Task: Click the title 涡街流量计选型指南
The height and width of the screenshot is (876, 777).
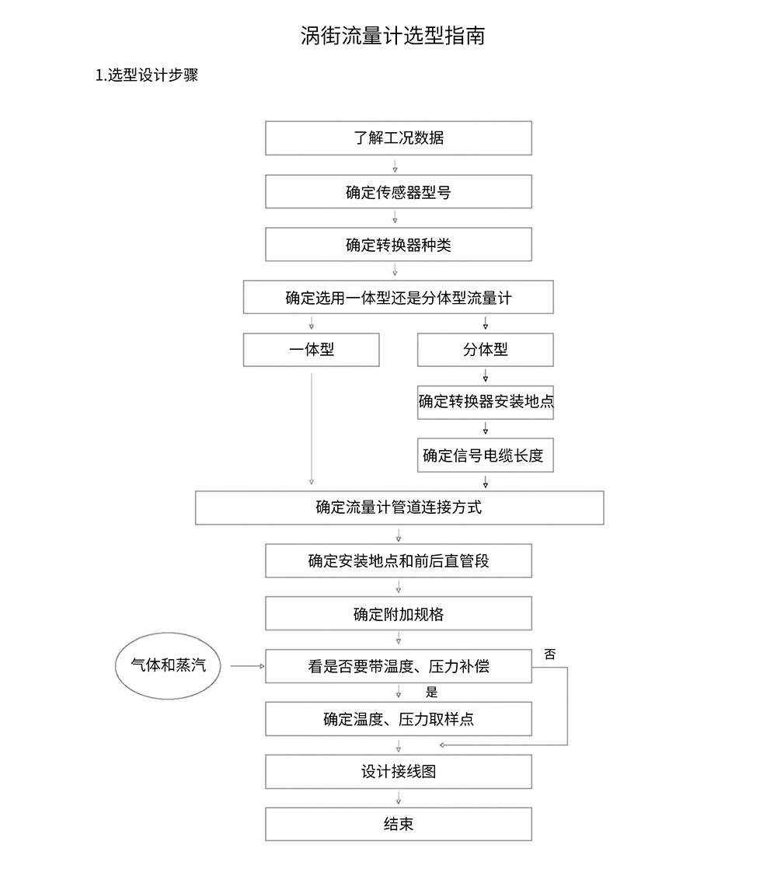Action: click(x=392, y=36)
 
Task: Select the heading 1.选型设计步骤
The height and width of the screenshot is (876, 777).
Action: click(x=147, y=75)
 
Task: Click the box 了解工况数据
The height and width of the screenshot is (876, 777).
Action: click(x=399, y=138)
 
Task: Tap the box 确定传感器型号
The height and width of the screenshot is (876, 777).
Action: click(x=399, y=192)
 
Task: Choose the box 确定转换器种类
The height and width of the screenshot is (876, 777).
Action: click(x=399, y=244)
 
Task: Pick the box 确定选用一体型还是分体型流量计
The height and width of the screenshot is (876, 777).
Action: click(x=399, y=297)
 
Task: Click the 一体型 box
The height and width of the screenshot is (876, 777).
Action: click(x=311, y=350)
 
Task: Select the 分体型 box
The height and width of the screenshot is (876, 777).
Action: click(x=486, y=350)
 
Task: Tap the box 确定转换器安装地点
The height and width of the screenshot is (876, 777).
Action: click(x=486, y=403)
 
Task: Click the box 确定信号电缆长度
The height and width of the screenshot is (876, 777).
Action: click(x=486, y=455)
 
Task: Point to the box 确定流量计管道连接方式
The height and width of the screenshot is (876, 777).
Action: click(x=399, y=508)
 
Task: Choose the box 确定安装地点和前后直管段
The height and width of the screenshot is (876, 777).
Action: click(x=399, y=560)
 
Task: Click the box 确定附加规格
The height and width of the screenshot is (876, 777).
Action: click(x=399, y=613)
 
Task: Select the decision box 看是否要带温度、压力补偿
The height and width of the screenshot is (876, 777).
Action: click(x=399, y=666)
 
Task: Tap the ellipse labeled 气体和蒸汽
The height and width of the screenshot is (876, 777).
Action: click(x=168, y=666)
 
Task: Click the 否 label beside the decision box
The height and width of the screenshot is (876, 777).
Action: click(x=550, y=654)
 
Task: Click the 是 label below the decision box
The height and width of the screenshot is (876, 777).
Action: click(x=432, y=693)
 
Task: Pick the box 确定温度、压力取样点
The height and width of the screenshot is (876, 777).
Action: click(x=399, y=719)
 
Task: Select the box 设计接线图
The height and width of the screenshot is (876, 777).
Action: click(x=399, y=772)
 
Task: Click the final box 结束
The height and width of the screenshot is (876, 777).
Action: click(x=399, y=824)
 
